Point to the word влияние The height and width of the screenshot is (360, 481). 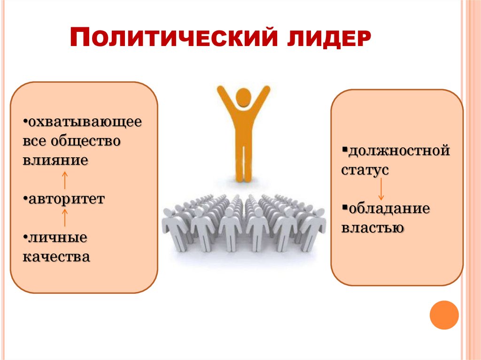(55, 160)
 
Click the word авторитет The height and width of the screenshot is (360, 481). (66, 199)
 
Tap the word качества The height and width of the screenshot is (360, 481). (56, 257)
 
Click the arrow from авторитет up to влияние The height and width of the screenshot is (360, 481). (64, 180)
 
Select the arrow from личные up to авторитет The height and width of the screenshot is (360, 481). (64, 218)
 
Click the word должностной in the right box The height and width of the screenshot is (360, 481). (399, 151)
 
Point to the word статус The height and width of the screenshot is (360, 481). (365, 170)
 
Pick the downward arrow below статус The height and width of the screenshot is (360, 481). (381, 189)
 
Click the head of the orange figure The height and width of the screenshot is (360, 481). (243, 98)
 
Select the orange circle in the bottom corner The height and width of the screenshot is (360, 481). (444, 314)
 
